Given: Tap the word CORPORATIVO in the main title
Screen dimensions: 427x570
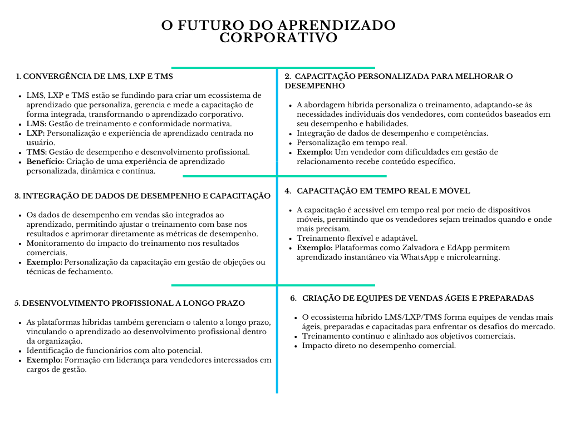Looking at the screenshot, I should [278, 38].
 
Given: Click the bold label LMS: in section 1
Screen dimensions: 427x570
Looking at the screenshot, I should [36, 123].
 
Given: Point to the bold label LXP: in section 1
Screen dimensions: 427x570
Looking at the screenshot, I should [36, 133].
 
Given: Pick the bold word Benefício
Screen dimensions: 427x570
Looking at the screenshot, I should [46, 161].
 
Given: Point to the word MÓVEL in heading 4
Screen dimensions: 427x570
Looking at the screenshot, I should [454, 191].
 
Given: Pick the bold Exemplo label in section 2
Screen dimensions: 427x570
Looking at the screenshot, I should [315, 152].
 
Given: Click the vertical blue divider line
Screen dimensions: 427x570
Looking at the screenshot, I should [277, 234].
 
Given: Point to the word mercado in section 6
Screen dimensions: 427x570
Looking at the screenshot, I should [537, 326].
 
